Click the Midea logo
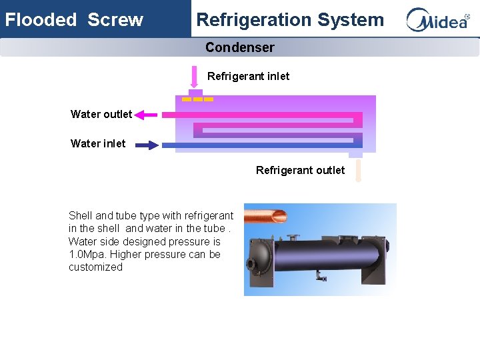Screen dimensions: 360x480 [x=438, y=19]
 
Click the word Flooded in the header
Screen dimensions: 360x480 [x=41, y=19]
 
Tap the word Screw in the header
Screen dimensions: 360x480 [x=115, y=19]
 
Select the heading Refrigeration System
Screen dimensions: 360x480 [x=290, y=19]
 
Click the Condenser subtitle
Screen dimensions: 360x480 [x=239, y=47]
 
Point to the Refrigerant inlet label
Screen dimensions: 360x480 [x=248, y=76]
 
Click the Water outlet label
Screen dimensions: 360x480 [x=101, y=114]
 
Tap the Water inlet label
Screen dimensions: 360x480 [x=98, y=143]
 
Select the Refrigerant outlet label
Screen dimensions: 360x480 [x=300, y=170]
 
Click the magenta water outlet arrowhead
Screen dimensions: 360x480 [x=141, y=115]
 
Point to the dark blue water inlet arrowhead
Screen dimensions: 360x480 [x=153, y=144]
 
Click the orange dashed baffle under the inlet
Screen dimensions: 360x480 [x=198, y=99]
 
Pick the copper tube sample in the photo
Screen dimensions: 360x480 [x=265, y=215]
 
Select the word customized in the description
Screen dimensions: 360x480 [x=95, y=267]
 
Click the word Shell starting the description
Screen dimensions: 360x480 [x=81, y=215]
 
